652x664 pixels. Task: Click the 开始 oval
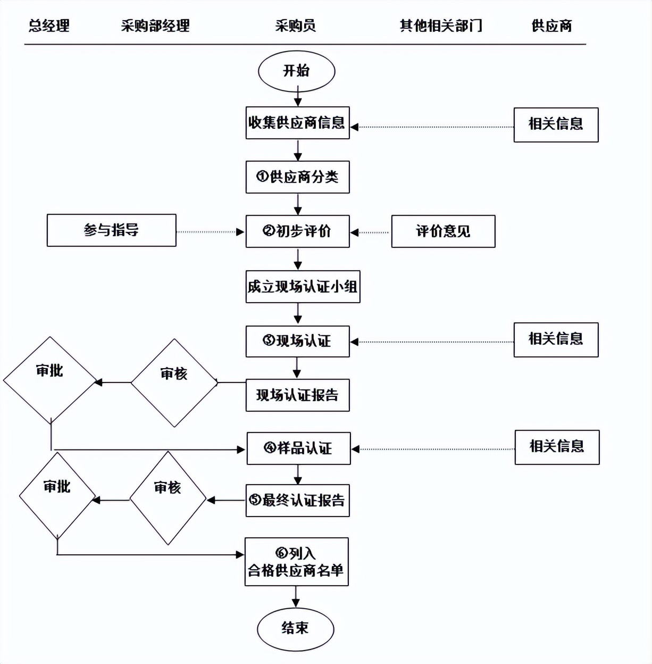pyautogui.click(x=296, y=71)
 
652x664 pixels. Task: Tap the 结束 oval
pyautogui.click(x=295, y=629)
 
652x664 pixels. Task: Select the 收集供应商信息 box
pyautogui.click(x=297, y=123)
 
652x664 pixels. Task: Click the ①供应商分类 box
pyautogui.click(x=297, y=177)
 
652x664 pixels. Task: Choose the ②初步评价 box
pyautogui.click(x=297, y=231)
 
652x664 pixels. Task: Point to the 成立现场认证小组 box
pyautogui.click(x=303, y=287)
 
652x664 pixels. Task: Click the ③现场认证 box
pyautogui.click(x=297, y=341)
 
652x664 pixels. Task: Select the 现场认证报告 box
pyautogui.click(x=297, y=395)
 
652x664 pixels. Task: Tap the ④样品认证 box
pyautogui.click(x=298, y=449)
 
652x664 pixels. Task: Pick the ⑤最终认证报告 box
pyautogui.click(x=297, y=501)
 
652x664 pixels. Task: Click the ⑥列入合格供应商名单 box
pyautogui.click(x=296, y=562)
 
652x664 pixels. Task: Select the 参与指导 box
pyautogui.click(x=111, y=230)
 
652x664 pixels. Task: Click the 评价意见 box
pyautogui.click(x=443, y=231)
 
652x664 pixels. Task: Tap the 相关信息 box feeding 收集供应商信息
pyautogui.click(x=556, y=125)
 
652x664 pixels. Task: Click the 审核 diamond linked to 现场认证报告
pyautogui.click(x=174, y=383)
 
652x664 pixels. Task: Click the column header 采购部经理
pyautogui.click(x=155, y=26)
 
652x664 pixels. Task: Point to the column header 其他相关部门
pyautogui.click(x=441, y=26)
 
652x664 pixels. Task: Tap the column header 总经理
pyautogui.click(x=49, y=26)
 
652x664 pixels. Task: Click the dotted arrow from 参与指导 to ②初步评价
pyautogui.click(x=210, y=232)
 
